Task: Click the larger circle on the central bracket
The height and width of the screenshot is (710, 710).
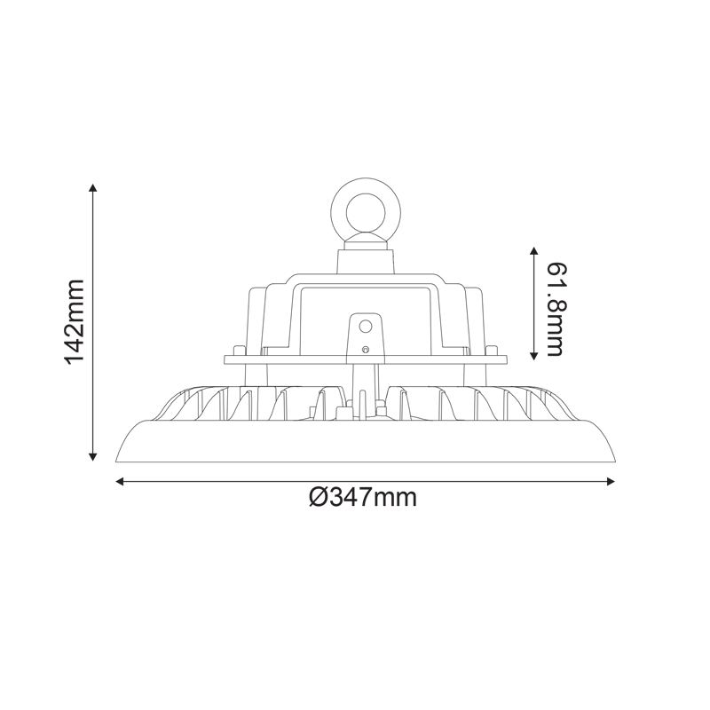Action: pyautogui.click(x=364, y=327)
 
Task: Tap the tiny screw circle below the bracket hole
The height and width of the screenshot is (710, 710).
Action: pyautogui.click(x=364, y=351)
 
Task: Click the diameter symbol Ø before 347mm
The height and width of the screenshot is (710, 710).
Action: pyautogui.click(x=319, y=497)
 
